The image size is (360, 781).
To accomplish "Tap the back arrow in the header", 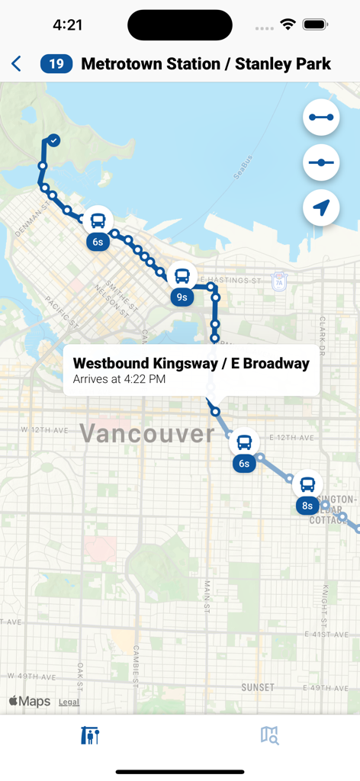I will pos(17,64).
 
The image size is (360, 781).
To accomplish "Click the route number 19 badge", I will pos(56,64).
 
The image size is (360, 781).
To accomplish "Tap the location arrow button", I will pos(321,207).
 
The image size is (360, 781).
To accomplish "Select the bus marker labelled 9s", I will pos(182,276).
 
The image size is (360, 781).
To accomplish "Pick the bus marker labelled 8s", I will pos(307,484).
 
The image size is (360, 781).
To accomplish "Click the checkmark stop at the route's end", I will pos(53,140).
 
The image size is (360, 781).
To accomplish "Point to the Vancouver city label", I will pos(147,433).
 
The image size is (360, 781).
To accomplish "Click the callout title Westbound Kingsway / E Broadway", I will pos(191,363).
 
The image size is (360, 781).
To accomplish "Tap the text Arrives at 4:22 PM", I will pos(119,379).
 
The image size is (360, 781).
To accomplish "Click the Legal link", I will pos(69,702).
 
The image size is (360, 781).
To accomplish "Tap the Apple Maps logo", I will pos(30,702).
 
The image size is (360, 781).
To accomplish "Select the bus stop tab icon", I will pos(90,735).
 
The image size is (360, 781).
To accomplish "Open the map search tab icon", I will pos(269,735).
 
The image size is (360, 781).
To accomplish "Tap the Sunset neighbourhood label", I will pos(258,687).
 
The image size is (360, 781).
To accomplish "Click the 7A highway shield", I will pos(279,281).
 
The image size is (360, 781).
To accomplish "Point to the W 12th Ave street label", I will pos(46,430).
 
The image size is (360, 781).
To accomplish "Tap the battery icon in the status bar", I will pos(315,24).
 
